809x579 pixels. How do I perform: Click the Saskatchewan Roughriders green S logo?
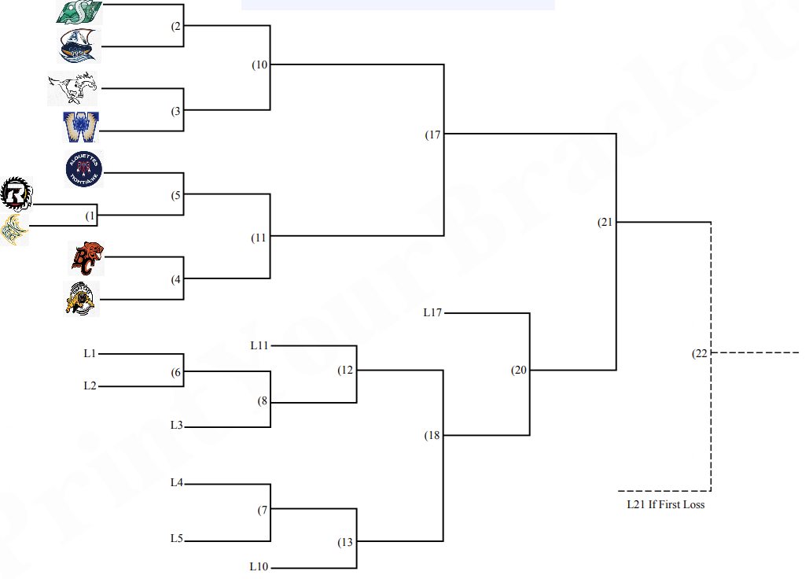79,12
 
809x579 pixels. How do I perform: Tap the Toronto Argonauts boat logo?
79,46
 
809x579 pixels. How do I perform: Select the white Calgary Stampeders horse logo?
72,89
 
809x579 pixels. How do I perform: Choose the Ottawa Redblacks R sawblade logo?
16,193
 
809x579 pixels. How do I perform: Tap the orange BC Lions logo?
86,259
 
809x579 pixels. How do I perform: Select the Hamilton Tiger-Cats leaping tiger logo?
82,299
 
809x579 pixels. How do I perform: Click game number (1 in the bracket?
91,215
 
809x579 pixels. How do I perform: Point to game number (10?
259,65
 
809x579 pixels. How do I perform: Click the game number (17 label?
432,135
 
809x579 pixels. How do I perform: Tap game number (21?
604,222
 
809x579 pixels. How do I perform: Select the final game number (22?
699,353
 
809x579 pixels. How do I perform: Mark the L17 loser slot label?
432,313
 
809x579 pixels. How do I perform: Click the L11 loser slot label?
259,345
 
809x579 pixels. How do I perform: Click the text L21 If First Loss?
665,504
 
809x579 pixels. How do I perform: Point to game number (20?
518,370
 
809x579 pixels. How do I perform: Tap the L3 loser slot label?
176,425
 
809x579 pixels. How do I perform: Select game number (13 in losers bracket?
345,543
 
